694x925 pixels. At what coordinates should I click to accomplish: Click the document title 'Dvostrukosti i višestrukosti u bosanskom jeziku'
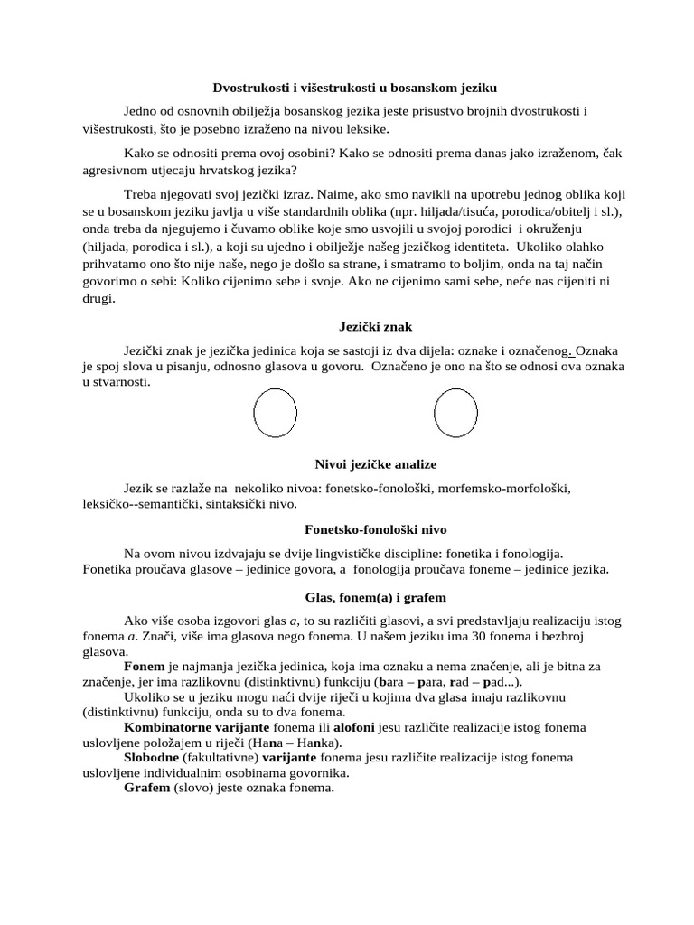pos(354,88)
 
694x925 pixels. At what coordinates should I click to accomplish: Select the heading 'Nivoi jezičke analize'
pos(375,463)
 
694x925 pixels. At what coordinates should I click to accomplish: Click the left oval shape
pos(275,414)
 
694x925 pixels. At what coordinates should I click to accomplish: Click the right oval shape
pos(455,414)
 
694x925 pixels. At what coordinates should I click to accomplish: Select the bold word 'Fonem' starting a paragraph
pos(145,666)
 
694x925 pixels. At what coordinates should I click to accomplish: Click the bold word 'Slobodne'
pos(152,757)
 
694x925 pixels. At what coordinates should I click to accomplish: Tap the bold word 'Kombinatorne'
pos(166,727)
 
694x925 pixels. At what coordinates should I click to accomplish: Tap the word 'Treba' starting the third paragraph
pos(141,195)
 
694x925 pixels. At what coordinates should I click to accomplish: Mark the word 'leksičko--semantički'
pos(140,503)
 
